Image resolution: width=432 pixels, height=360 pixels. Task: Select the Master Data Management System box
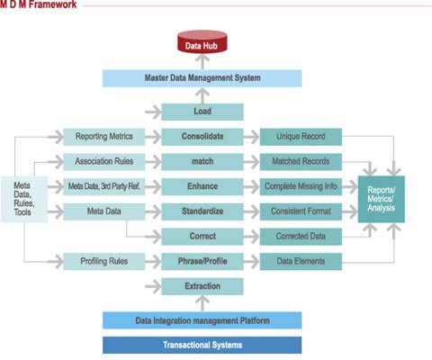202,78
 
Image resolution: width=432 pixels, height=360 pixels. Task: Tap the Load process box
202,112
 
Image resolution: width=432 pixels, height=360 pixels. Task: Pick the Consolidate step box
202,137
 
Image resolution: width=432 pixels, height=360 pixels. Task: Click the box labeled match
202,162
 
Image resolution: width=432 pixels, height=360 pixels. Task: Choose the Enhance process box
202,186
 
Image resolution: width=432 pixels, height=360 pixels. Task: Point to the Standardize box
202,211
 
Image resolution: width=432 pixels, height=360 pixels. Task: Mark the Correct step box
202,236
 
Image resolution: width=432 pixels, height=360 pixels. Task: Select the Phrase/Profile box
202,262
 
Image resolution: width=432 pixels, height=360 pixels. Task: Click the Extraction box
202,286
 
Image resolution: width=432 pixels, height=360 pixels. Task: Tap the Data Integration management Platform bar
202,320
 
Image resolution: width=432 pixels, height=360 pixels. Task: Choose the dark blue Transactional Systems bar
202,345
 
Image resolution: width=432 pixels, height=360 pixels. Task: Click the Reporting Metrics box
103,137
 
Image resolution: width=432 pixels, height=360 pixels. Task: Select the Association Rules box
103,162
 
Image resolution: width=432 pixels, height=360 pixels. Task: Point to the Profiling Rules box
103,262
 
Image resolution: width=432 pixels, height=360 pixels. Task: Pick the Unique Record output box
301,137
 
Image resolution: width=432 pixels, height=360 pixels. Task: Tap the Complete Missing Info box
301,186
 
